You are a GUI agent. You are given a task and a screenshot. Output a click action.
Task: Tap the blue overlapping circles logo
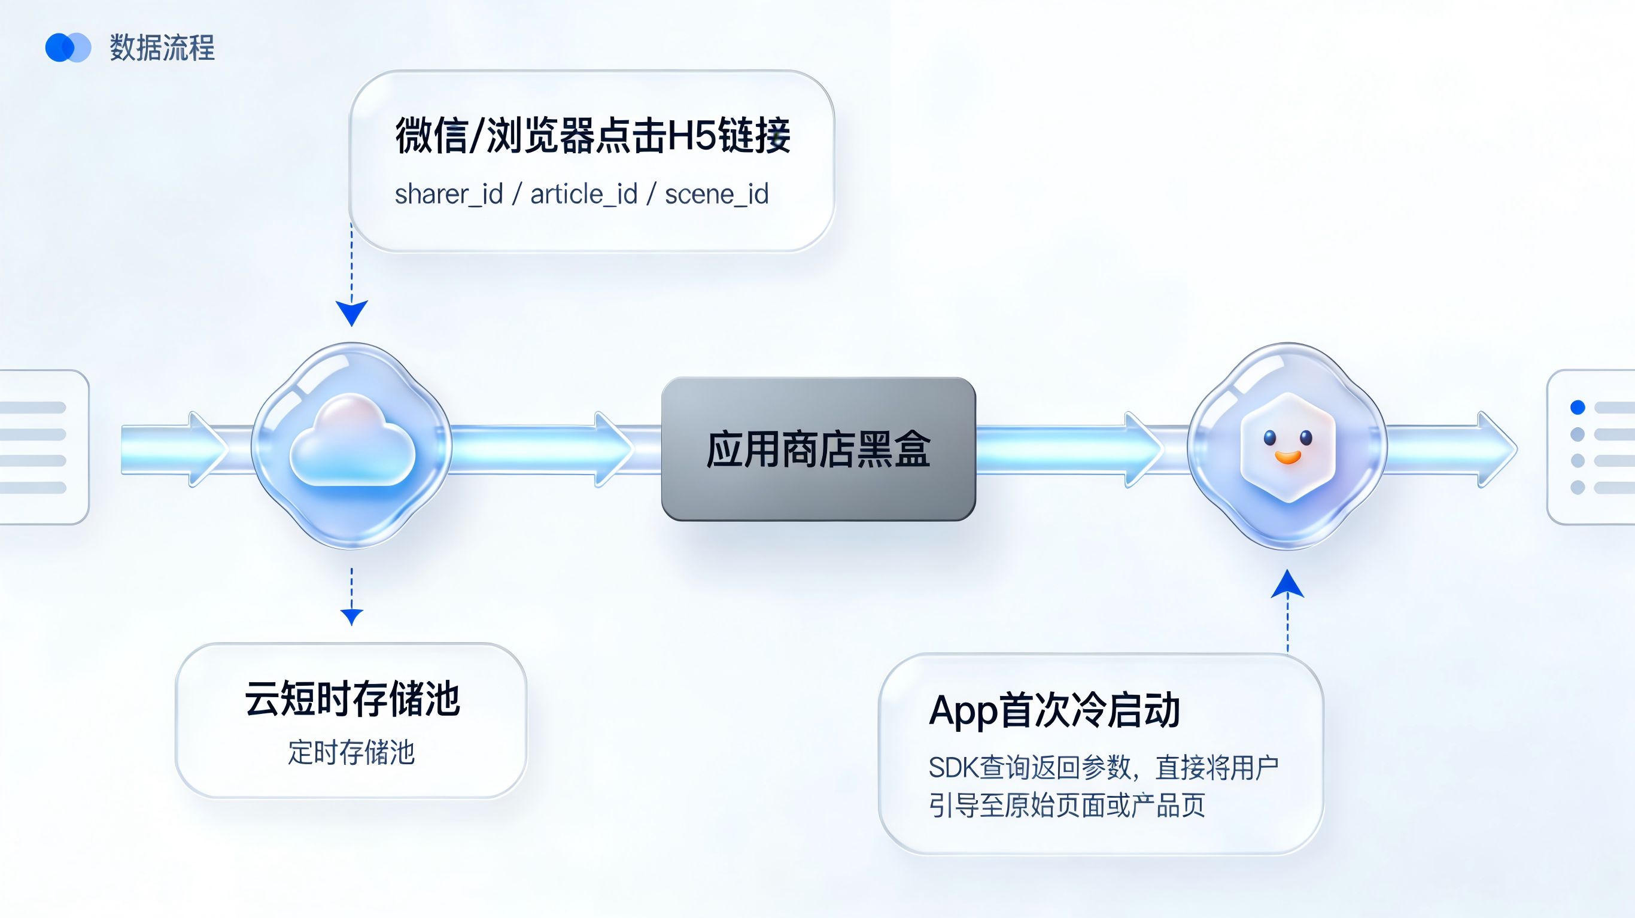point(68,48)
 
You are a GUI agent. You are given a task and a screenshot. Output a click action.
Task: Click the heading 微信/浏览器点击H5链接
point(593,135)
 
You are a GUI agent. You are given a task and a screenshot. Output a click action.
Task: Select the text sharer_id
point(449,194)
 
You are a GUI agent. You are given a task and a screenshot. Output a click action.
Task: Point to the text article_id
point(584,194)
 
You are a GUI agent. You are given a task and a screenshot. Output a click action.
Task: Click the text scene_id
point(716,194)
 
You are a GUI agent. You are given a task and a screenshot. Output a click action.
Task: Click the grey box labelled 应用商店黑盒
point(818,449)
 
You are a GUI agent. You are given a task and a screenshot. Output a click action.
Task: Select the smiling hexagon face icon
point(1288,446)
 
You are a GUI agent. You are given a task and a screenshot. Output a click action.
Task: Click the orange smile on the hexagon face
point(1288,457)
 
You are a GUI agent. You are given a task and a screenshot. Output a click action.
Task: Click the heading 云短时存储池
point(352,698)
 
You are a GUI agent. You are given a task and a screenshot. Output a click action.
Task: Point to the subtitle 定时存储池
point(351,752)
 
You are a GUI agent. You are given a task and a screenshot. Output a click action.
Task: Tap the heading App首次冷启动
point(1054,710)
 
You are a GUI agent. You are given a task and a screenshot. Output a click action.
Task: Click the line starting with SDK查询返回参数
point(1103,767)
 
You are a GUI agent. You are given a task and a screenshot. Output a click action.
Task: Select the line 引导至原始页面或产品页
point(1066,805)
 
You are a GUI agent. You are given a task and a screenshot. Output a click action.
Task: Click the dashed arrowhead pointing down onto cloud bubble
point(352,312)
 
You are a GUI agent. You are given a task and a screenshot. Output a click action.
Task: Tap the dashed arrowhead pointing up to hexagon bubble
point(1287,585)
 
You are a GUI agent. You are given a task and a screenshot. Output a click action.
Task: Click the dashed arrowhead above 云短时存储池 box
point(352,616)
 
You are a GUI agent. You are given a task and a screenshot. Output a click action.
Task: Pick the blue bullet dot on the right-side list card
point(1577,407)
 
